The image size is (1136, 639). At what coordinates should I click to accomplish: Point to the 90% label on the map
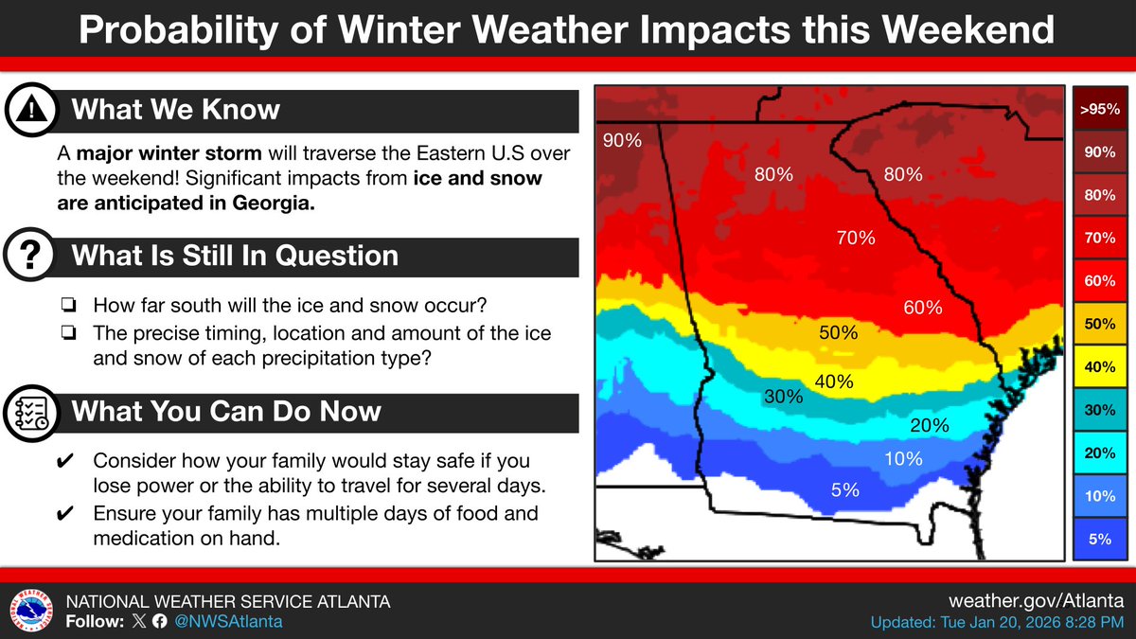[x=622, y=141]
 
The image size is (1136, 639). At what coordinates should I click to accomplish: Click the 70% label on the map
[x=855, y=239]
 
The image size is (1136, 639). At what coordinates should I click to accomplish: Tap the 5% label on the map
[x=844, y=489]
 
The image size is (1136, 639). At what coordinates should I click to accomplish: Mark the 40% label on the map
[x=834, y=382]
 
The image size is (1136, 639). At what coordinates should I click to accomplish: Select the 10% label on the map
[x=902, y=459]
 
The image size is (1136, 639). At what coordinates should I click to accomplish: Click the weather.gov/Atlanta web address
[x=1036, y=601]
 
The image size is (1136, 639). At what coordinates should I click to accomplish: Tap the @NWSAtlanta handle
[x=226, y=622]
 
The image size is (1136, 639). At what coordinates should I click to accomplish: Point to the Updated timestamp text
[x=997, y=622]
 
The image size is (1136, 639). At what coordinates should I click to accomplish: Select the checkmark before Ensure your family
[x=67, y=514]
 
